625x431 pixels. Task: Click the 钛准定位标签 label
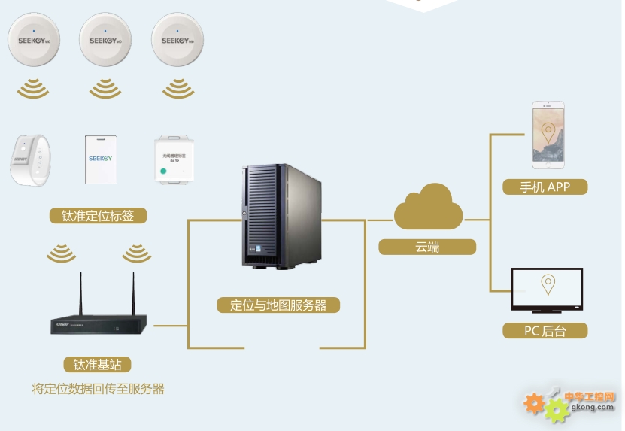pyautogui.click(x=98, y=216)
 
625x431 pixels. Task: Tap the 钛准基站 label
pyautogui.click(x=98, y=365)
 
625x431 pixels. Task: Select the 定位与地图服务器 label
pyautogui.click(x=278, y=305)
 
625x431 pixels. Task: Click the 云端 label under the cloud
pyautogui.click(x=427, y=247)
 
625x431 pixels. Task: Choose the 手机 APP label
pyautogui.click(x=545, y=187)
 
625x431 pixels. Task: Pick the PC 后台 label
pyautogui.click(x=545, y=331)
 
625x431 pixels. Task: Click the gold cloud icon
pyautogui.click(x=428, y=207)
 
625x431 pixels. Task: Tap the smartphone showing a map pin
pyautogui.click(x=548, y=135)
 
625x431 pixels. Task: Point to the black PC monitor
pyautogui.click(x=548, y=290)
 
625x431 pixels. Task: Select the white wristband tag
pyautogui.click(x=30, y=159)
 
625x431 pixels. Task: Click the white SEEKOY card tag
pyautogui.click(x=100, y=159)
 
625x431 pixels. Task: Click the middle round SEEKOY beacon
pyautogui.click(x=105, y=39)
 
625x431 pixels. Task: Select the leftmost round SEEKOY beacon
pyautogui.click(x=33, y=39)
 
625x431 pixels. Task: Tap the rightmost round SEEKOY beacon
pyautogui.click(x=177, y=39)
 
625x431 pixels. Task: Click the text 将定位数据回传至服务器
pyautogui.click(x=99, y=389)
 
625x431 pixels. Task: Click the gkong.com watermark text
pyautogui.click(x=593, y=407)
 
